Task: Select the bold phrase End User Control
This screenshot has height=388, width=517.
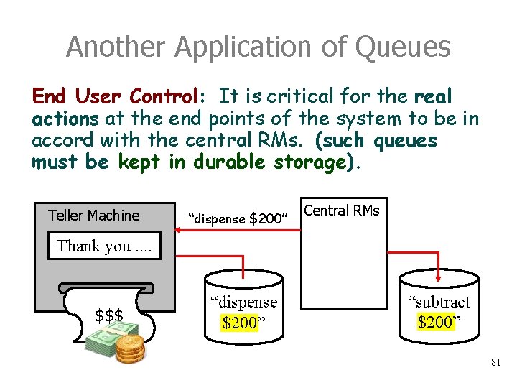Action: (113, 96)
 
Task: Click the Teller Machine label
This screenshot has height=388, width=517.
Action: (93, 215)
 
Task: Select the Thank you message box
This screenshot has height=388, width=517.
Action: (104, 246)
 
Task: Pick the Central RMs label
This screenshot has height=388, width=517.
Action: (342, 211)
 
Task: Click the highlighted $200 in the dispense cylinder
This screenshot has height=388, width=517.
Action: (240, 323)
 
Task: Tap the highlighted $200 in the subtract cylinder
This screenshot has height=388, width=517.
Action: (435, 321)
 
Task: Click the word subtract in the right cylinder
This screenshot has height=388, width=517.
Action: (439, 302)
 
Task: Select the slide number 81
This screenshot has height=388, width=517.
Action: (495, 363)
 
